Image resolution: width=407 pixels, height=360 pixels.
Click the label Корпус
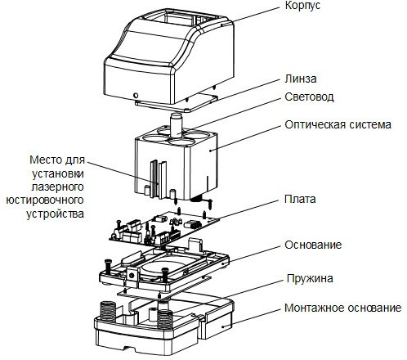point(302,7)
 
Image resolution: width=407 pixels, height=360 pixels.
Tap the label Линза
point(301,79)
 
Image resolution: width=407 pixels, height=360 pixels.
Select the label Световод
point(309,97)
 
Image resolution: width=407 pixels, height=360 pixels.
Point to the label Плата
point(300,199)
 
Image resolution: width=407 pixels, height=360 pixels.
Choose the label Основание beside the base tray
point(313,245)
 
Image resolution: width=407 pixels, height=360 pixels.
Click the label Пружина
point(310,279)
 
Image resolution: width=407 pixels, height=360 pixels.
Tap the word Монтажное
point(312,308)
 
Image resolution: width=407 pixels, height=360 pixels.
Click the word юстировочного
point(45,200)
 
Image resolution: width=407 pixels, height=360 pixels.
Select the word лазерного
point(57,187)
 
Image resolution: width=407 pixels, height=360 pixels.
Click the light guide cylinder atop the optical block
point(176,124)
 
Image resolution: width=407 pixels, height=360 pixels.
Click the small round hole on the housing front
point(136,96)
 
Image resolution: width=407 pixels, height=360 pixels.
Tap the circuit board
point(164,227)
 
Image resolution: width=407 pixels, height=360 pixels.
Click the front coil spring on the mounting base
point(165,318)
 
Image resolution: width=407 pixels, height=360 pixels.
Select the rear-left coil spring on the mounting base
point(108,310)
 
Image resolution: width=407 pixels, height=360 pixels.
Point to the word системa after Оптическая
point(370,125)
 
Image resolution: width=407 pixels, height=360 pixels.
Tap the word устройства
point(55,214)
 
